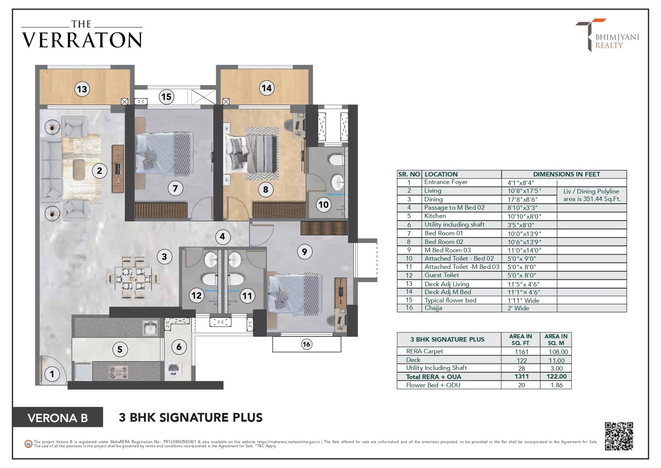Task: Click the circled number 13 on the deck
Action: [x=82, y=89]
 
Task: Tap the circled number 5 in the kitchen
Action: [x=120, y=349]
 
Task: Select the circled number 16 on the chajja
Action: [x=306, y=344]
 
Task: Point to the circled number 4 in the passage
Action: [x=223, y=236]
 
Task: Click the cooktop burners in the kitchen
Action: [x=119, y=372]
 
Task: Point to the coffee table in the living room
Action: [x=79, y=169]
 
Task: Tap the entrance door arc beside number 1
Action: [x=55, y=369]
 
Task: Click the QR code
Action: [x=619, y=436]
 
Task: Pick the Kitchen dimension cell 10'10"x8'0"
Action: [x=524, y=216]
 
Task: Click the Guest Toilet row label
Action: [x=442, y=275]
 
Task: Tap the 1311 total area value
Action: [x=521, y=377]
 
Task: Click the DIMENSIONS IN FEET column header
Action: [x=566, y=174]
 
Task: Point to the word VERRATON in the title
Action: [x=82, y=40]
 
